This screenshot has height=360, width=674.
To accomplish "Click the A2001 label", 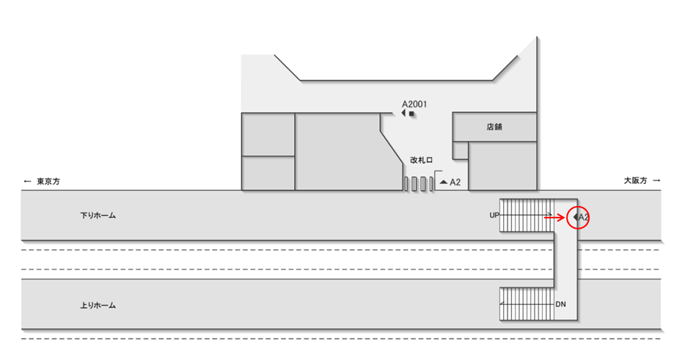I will point(414,105).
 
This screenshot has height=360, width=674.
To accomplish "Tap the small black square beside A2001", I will point(412,114).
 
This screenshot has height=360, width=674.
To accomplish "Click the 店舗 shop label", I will point(494,127).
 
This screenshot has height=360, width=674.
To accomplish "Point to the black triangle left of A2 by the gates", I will point(443,182).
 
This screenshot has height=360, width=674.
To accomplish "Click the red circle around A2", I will point(579,217).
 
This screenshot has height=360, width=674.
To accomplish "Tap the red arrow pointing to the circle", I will point(554,217).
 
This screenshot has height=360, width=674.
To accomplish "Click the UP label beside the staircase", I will point(494,216).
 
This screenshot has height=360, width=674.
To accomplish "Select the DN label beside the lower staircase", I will point(560,304).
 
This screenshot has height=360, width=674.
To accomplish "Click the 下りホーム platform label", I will point(98,216).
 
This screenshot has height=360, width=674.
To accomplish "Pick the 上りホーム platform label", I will point(98,305).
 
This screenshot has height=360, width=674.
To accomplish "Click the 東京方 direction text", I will point(48,180).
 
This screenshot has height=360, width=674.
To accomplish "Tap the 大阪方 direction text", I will point(635,180).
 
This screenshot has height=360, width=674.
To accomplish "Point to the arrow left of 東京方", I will point(27,180).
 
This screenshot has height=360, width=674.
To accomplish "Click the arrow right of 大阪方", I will point(656,180).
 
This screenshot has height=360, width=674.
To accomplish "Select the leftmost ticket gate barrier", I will point(406,183).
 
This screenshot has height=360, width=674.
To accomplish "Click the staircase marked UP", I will point(525,215).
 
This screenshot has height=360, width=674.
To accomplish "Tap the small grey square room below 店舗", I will point(460,151).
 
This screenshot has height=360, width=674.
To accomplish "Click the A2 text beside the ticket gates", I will point(455,182).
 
